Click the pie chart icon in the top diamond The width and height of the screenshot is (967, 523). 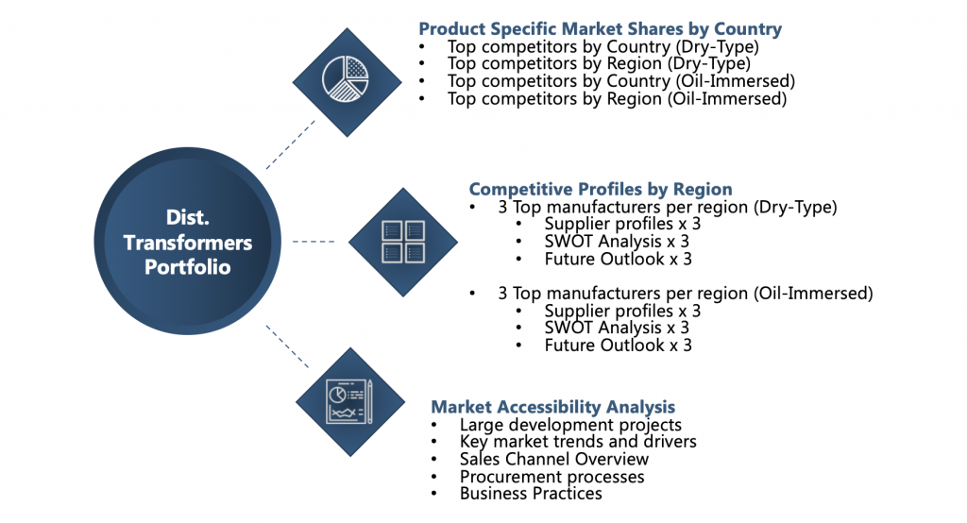click(x=346, y=79)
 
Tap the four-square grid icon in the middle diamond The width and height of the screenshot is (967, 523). click(x=403, y=242)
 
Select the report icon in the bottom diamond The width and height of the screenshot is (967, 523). click(x=349, y=401)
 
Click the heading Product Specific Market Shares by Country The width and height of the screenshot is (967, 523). click(x=600, y=29)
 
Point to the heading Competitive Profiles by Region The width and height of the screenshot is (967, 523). click(x=601, y=189)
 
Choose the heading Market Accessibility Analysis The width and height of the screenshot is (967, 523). click(x=552, y=407)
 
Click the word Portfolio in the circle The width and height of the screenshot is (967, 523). click(x=188, y=267)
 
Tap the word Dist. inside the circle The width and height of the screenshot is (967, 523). click(x=188, y=217)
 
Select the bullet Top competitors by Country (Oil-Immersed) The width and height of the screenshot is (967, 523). click(x=621, y=81)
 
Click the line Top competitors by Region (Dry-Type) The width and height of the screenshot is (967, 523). click(x=599, y=63)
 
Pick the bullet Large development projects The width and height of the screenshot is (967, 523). click(x=570, y=424)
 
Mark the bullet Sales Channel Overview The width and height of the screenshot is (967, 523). click(x=553, y=459)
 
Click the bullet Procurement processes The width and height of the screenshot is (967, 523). click(x=551, y=477)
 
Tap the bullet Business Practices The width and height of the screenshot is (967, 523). click(x=531, y=494)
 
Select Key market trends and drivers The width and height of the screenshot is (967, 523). click(x=578, y=442)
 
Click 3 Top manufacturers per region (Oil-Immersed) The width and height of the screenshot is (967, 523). click(x=686, y=293)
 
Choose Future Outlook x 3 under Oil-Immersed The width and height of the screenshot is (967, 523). click(x=618, y=346)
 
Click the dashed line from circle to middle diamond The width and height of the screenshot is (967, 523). click(x=314, y=242)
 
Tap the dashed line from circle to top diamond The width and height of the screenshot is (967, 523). click(x=291, y=144)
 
